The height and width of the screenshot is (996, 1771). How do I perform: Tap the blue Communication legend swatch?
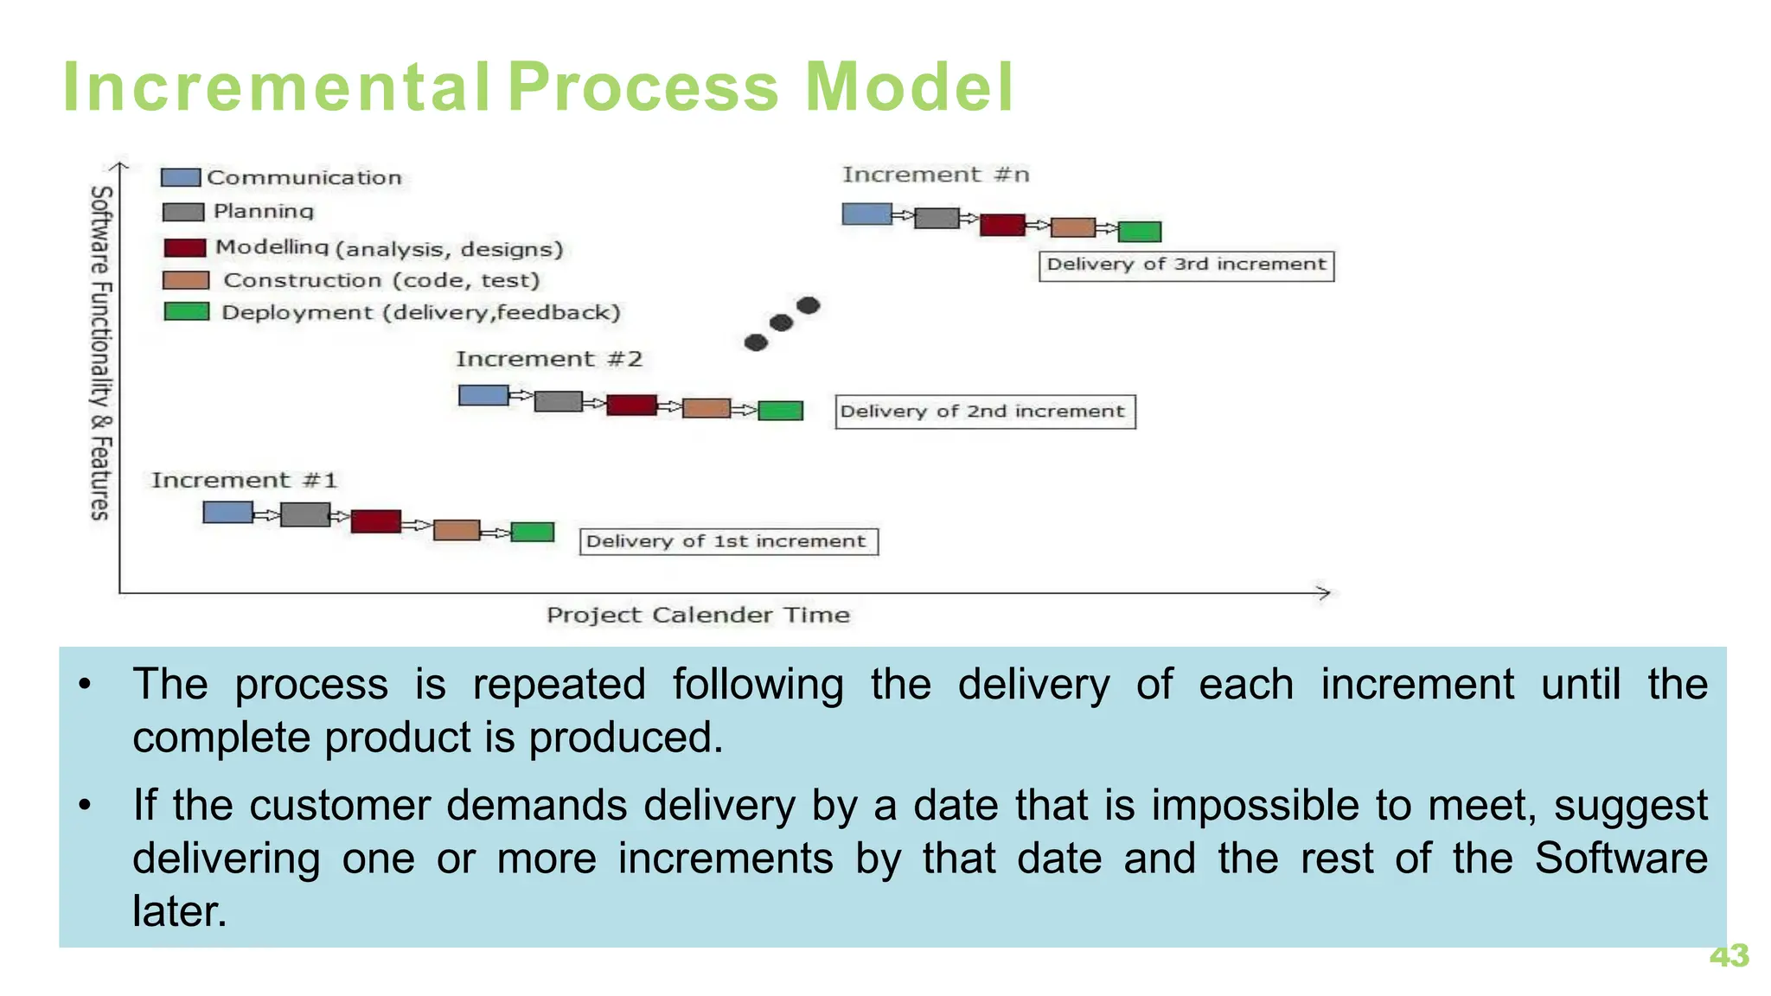coord(181,178)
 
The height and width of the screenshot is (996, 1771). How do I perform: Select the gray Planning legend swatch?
coord(183,212)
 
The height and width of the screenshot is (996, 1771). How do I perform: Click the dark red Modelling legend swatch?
coord(184,248)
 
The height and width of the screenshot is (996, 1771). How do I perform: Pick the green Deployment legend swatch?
coord(187,311)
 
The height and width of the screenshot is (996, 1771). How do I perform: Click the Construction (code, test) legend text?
coord(381,280)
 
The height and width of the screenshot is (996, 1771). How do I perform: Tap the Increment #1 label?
coord(244,481)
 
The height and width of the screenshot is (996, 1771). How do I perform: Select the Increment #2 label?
coord(549,359)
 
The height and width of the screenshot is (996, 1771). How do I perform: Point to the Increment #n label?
coord(936,175)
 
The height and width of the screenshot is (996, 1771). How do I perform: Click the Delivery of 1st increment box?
coord(728,541)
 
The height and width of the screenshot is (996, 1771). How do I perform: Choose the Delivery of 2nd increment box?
coord(984,412)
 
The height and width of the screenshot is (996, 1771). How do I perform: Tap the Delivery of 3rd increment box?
coord(1186,265)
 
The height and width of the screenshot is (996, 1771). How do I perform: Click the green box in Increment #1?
coord(532,532)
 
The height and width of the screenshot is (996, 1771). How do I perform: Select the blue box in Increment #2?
coord(483,395)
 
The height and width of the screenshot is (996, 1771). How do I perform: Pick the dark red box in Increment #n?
coord(1002,225)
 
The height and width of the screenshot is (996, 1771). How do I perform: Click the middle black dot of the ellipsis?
coord(781,323)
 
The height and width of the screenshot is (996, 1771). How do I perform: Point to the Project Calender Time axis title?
coord(698,615)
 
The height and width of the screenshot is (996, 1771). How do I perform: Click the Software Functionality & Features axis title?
coord(101,353)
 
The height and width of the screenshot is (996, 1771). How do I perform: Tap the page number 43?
coord(1729,955)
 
